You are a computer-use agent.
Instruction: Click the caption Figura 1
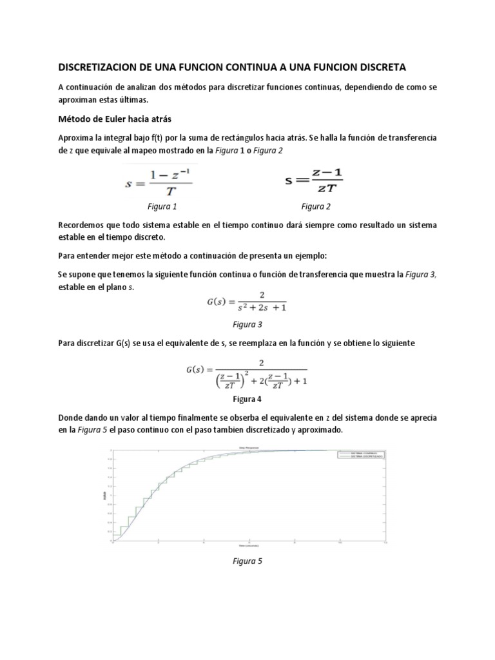162,207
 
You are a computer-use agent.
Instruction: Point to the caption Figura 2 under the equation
316,207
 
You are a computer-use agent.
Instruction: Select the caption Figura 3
247,324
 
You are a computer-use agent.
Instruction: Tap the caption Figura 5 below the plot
247,561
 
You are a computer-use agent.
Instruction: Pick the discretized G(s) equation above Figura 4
247,374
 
